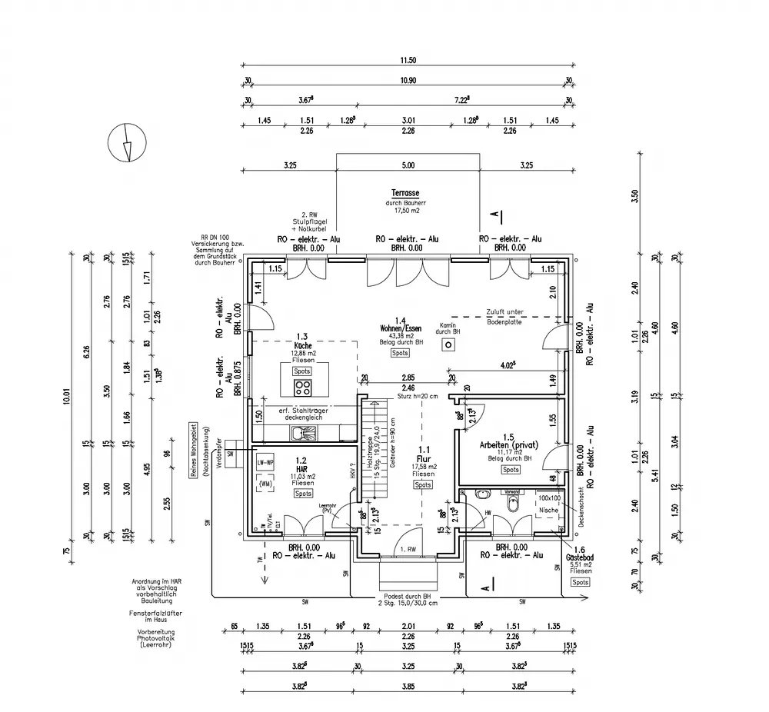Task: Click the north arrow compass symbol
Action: tap(125, 143)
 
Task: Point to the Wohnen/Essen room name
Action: tap(400, 328)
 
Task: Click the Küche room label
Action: tap(302, 346)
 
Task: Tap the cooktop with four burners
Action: tap(302, 387)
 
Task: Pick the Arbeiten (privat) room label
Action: tap(509, 445)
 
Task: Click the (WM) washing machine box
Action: tap(265, 484)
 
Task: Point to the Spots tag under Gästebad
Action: tap(581, 582)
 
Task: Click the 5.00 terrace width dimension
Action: tap(408, 165)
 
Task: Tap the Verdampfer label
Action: tap(219, 453)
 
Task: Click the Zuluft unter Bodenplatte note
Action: tap(504, 316)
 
